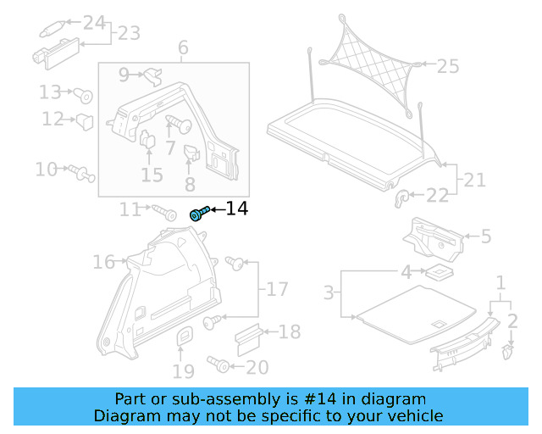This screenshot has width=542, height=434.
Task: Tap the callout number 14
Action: pos(236,209)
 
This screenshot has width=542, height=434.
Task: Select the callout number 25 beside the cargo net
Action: pos(447,65)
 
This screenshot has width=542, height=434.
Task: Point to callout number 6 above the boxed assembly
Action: pos(183,48)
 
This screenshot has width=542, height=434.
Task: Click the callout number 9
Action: pos(124,75)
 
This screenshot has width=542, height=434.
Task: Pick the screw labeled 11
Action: pos(161,210)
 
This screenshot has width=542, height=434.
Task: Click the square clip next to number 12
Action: pos(85,121)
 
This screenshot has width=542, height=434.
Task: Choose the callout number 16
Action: pos(103,262)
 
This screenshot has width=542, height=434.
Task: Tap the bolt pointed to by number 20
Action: pos(218,365)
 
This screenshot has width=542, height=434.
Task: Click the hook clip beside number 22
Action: pos(402,198)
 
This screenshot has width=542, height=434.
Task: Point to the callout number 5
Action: pos(485,236)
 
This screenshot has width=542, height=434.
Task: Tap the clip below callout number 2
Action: pos(510,349)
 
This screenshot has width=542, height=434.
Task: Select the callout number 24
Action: pos(94,23)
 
